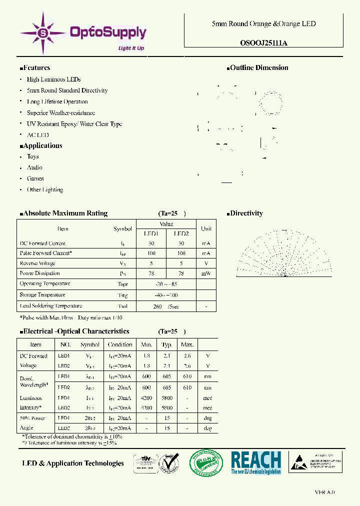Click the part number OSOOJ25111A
[263, 43]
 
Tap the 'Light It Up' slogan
[131, 48]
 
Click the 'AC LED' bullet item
[38, 135]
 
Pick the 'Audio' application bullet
[34, 167]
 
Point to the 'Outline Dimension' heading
[259, 68]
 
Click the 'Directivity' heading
[246, 213]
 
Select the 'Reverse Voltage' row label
[37, 263]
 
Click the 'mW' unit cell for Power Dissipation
[205, 273]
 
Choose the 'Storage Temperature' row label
[42, 295]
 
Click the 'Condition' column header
[120, 344]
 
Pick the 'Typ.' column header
[167, 344]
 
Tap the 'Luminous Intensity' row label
[31, 403]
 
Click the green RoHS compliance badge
[206, 462]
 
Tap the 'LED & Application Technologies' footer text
[73, 463]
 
